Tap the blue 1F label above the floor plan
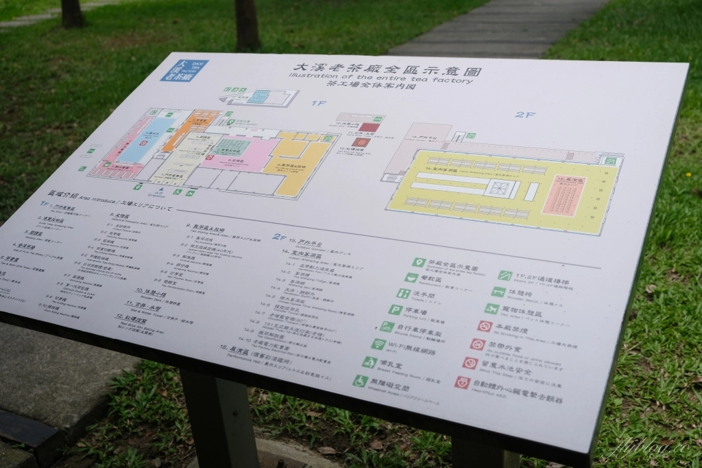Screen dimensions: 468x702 pos(319,104)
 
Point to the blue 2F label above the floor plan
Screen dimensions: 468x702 pos(524,114)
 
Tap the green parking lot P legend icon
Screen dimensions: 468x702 pos(395,309)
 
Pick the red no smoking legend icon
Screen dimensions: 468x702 pos(485,326)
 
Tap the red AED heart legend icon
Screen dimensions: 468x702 pos(462,382)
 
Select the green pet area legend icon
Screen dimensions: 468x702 pos(491,309)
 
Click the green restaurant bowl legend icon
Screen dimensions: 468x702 pos(411,278)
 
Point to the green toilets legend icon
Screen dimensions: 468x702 pos(403,293)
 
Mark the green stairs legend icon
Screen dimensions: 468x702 pos(505,275)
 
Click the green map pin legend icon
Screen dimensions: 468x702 pos(419,262)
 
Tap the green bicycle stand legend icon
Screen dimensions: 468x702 pos(387,327)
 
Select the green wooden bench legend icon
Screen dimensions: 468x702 pos(498,292)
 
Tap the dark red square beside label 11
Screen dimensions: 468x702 pos(363,143)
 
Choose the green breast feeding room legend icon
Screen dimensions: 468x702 pos(370,362)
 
